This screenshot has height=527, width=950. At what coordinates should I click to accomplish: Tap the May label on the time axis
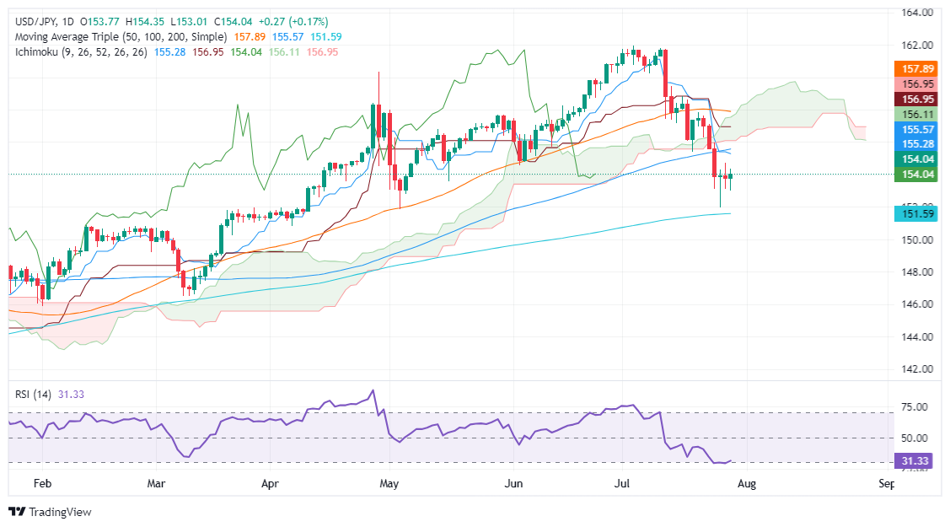pyautogui.click(x=389, y=485)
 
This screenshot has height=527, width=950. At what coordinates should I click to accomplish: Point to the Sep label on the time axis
pyautogui.click(x=886, y=485)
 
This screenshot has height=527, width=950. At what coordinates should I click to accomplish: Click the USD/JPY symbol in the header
pyautogui.click(x=32, y=21)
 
